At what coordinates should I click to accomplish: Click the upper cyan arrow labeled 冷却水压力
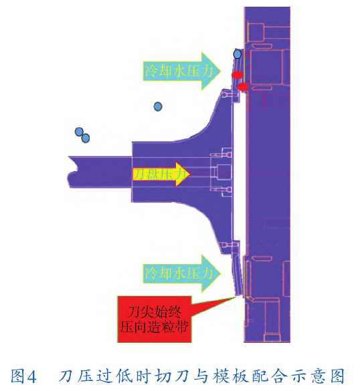(182, 71)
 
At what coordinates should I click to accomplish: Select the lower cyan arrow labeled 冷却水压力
(182, 273)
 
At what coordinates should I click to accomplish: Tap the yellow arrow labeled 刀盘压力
(161, 174)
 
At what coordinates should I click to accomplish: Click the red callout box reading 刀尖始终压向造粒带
(155, 319)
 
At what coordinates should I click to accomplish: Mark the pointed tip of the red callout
(236, 296)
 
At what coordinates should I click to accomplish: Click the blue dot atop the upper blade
(237, 54)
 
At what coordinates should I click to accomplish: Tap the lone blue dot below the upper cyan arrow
(158, 107)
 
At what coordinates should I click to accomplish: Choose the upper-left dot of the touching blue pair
(79, 132)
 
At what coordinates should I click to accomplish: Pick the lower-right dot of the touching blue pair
(86, 138)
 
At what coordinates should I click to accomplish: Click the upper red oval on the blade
(237, 75)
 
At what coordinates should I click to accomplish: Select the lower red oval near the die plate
(243, 87)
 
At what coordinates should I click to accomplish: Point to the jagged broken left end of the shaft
(72, 172)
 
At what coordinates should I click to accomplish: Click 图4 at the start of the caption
(23, 376)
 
